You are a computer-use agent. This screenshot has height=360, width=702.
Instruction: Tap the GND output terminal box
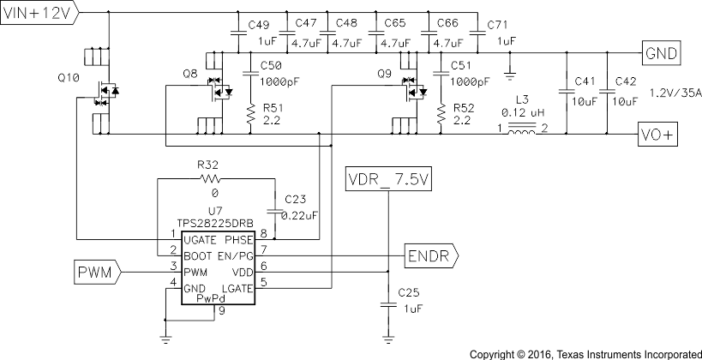click(x=661, y=53)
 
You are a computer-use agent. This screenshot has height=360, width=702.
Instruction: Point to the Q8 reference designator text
click(x=190, y=75)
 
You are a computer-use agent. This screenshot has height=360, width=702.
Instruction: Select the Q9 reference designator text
click(x=385, y=74)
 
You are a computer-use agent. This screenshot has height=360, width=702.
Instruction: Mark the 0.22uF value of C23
click(x=299, y=214)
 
